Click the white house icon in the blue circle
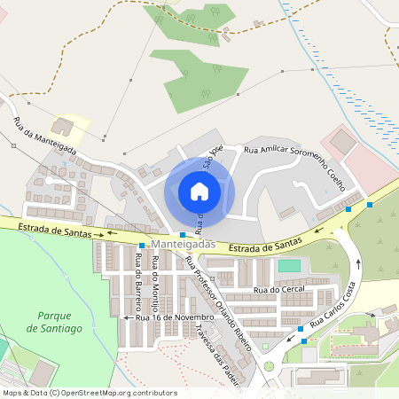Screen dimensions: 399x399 [x=199, y=191]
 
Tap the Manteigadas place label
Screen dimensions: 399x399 [x=183, y=244]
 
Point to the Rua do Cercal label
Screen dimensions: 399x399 [x=273, y=290]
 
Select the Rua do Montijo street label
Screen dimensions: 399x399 [x=156, y=280]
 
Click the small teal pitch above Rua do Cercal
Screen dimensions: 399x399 [x=289, y=265]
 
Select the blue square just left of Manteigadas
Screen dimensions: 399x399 [x=142, y=245]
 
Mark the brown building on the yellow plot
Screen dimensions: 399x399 [x=64, y=126]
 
